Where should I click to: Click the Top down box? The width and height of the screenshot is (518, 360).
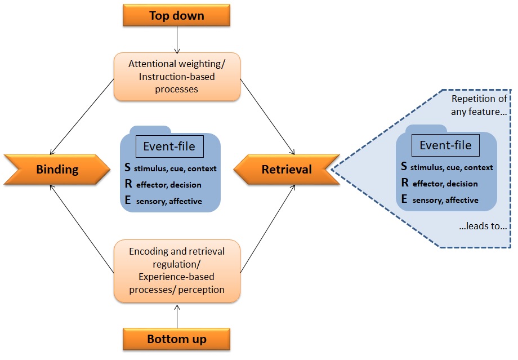(x=177, y=15)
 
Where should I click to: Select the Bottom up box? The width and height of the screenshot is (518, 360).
(x=177, y=339)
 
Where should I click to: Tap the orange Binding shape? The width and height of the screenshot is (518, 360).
(x=56, y=169)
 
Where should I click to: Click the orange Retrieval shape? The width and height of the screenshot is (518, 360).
(x=287, y=169)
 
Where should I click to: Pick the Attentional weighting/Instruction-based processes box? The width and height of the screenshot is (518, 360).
(x=177, y=77)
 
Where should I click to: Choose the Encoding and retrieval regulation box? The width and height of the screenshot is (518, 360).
(x=177, y=270)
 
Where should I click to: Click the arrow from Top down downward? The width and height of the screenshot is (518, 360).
(x=177, y=39)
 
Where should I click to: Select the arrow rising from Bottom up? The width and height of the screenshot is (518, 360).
(x=177, y=315)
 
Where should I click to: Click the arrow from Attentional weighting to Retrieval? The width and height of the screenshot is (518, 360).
(x=267, y=117)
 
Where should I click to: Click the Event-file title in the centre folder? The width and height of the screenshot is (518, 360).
(x=169, y=146)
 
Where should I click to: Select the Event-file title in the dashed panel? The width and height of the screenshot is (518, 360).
(x=445, y=145)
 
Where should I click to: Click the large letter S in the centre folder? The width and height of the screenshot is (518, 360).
(x=128, y=167)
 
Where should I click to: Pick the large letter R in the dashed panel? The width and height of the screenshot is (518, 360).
(x=404, y=183)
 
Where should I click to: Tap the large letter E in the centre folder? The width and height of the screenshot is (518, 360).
(x=128, y=200)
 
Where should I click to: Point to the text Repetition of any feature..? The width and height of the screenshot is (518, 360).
(x=480, y=106)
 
